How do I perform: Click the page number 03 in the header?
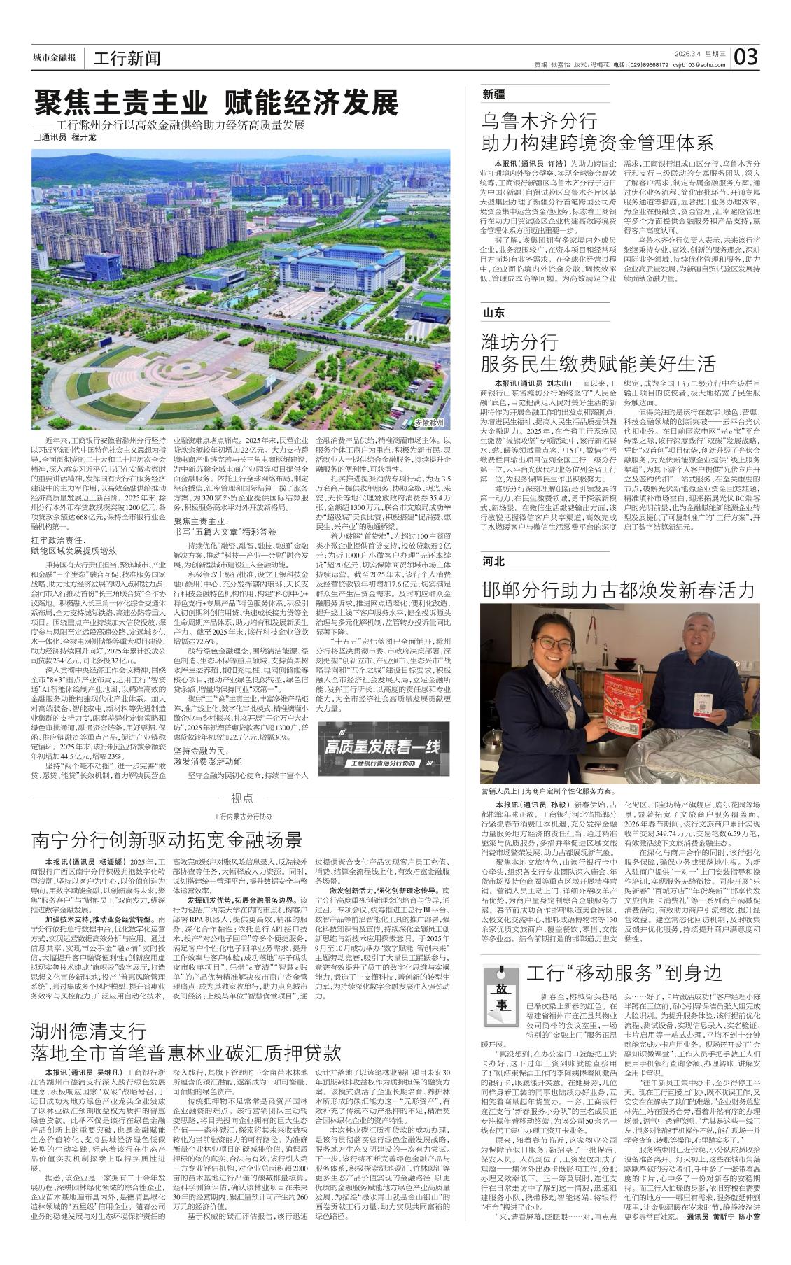pos(746,57)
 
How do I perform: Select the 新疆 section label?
pos(493,94)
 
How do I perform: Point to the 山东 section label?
pos(493,312)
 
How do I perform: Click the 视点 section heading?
pos(241,798)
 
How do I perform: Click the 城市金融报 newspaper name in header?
pos(54,58)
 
